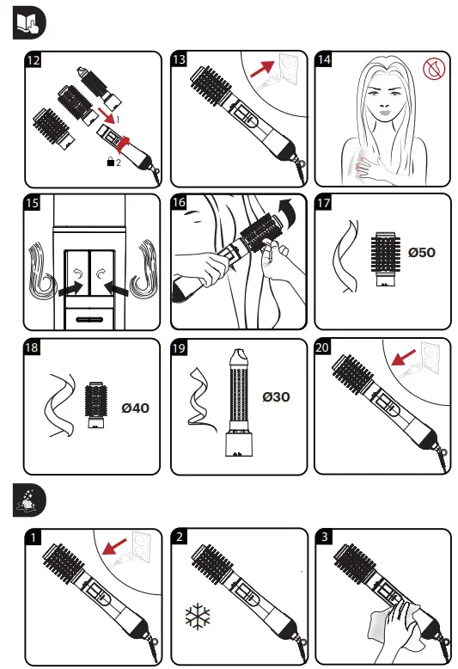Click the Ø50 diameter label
coord(421,253)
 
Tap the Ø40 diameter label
coord(135,408)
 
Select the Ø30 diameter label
coord(276,397)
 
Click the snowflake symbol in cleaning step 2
coord(198,616)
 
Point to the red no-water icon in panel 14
coord(434,69)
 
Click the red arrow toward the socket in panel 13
coord(262,69)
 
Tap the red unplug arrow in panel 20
coord(403,358)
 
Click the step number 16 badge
coord(179,202)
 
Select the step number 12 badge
coord(33,59)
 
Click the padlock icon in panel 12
coord(111,162)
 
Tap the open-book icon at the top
coord(29,23)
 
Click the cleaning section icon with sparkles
coord(29,500)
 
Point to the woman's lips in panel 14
coord(385,113)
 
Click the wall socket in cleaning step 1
coord(141,548)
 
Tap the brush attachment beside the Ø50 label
coord(386,259)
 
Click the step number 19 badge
coord(179,347)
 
